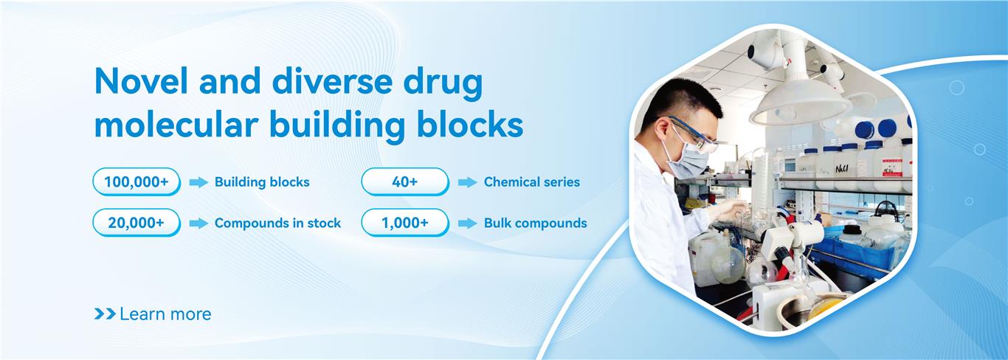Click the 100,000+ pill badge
pyautogui.click(x=137, y=181)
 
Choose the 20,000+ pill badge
pyautogui.click(x=137, y=223)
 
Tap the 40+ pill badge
pyautogui.click(x=405, y=181)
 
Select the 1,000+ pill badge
pyautogui.click(x=405, y=223)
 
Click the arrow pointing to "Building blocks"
pyautogui.click(x=199, y=182)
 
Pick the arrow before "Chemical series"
pyautogui.click(x=468, y=182)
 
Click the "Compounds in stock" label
pyautogui.click(x=277, y=224)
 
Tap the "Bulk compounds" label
pyautogui.click(x=536, y=224)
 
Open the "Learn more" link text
pyautogui.click(x=165, y=314)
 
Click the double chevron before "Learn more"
pyautogui.click(x=105, y=314)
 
